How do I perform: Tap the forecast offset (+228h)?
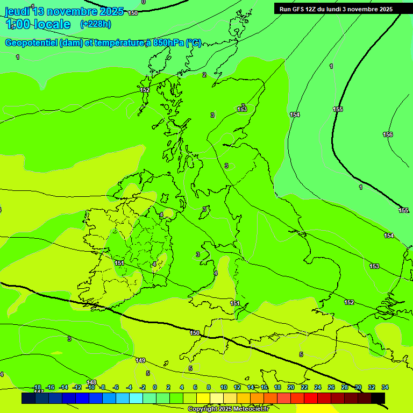tap(95, 24)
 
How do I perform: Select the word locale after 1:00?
tap(51, 24)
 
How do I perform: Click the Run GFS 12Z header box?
tap(336, 9)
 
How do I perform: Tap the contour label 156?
tap(388, 134)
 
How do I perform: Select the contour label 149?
tap(140, 360)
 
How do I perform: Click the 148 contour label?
tap(91, 382)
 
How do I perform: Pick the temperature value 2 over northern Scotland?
tap(204, 75)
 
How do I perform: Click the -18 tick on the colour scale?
tap(37, 387)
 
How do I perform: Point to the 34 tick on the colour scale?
tap(385, 387)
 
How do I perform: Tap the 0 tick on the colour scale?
tap(155, 387)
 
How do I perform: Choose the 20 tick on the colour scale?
tap(291, 387)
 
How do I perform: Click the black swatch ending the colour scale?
tap(378, 398)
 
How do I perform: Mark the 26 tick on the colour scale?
tap(331, 387)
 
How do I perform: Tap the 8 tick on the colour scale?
tap(209, 387)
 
